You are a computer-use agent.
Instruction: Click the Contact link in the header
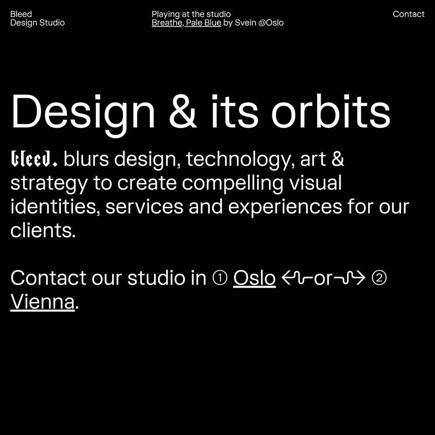[x=408, y=14]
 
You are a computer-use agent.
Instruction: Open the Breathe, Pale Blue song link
[x=186, y=23]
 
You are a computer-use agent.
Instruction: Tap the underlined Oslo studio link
[x=254, y=278]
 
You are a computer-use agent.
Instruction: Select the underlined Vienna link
[x=43, y=302]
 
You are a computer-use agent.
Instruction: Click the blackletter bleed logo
[x=34, y=159]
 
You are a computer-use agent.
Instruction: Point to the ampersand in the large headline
[x=183, y=111]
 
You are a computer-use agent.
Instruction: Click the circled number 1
[x=220, y=278]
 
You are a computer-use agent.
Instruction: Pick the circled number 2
[x=379, y=278]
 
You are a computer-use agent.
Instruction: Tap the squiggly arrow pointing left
[x=298, y=278]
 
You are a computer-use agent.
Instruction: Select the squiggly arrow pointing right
[x=349, y=278]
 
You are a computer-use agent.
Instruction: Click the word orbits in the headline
[x=331, y=111]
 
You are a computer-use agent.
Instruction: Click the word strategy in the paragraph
[x=49, y=184]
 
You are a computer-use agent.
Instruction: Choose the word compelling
[x=232, y=184]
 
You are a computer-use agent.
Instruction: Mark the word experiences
[x=285, y=207]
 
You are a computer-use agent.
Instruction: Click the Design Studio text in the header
[x=37, y=23]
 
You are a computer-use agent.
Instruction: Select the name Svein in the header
[x=245, y=23]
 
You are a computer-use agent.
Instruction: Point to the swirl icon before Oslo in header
[x=262, y=23]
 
